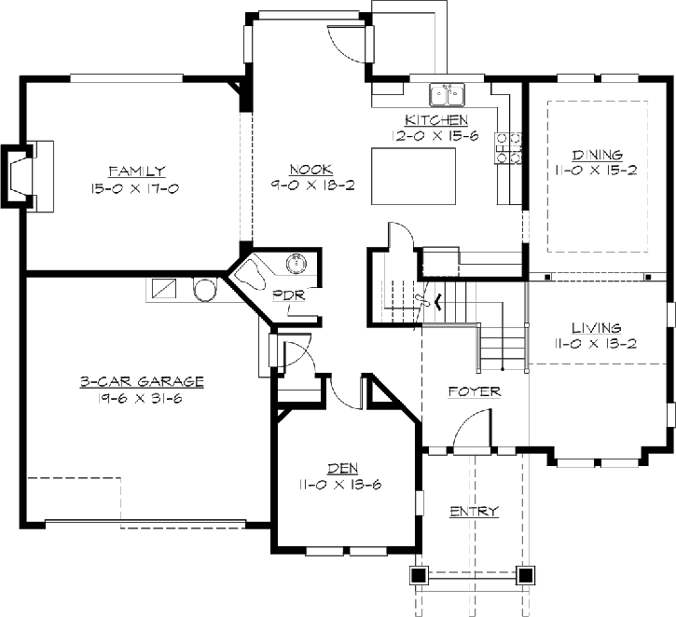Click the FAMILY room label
click(137, 171)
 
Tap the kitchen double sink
click(447, 94)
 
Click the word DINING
click(597, 155)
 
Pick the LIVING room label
click(597, 328)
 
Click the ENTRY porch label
click(474, 512)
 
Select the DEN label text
click(340, 469)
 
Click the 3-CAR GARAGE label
click(142, 381)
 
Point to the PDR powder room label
click(283, 296)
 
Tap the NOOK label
click(305, 170)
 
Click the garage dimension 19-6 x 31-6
click(142, 398)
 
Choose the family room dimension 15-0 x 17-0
click(137, 188)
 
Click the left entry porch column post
click(419, 574)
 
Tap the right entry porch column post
click(527, 574)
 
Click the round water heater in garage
click(205, 289)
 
